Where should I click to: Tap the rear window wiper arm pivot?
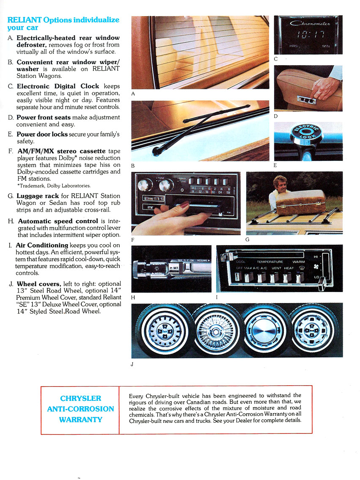tap(159, 149)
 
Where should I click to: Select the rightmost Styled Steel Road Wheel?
tap(315, 331)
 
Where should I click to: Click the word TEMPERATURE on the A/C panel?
tap(270, 262)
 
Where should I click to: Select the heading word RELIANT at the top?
tap(24, 20)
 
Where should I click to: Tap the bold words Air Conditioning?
tap(42, 245)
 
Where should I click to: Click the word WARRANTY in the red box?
tap(81, 419)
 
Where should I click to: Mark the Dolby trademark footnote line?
tap(54, 185)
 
